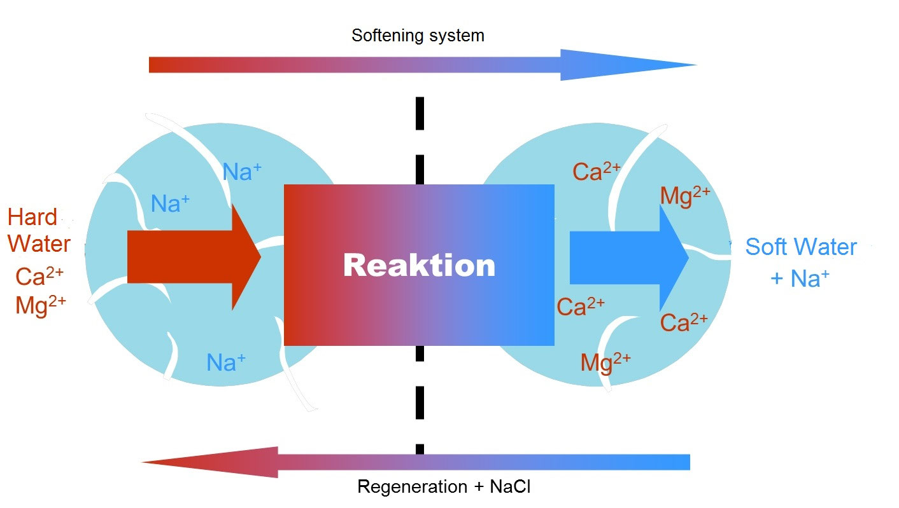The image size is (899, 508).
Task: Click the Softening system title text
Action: (x=418, y=35)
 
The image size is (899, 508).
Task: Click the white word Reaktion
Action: (x=419, y=265)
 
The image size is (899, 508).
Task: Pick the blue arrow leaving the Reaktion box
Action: (x=628, y=257)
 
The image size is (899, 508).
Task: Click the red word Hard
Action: (x=32, y=217)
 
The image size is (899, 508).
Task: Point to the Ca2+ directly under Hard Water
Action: (x=39, y=277)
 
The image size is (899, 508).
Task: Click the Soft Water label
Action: (x=801, y=247)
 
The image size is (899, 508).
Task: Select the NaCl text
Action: (x=510, y=487)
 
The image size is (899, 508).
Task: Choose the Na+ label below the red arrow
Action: (x=226, y=362)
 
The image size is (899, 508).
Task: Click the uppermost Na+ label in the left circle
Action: (x=242, y=172)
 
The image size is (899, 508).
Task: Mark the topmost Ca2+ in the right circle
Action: (x=596, y=172)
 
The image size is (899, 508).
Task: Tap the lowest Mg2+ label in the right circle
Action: (x=605, y=362)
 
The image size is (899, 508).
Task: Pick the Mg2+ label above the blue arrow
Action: (x=684, y=196)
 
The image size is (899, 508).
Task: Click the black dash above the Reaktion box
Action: (x=420, y=113)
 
